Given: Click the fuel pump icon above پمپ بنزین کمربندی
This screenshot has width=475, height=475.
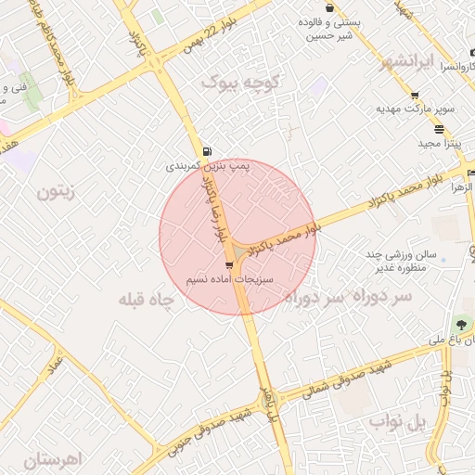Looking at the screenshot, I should click(205, 151).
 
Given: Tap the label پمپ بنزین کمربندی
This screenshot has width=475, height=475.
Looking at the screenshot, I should click(209, 166).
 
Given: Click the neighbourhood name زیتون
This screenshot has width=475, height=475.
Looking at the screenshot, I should click(55, 192).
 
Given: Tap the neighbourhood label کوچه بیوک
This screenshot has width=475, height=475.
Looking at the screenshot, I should click(240, 83).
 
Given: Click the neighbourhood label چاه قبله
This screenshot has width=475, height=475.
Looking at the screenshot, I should click(148, 300).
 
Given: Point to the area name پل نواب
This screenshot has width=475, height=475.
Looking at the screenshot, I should click(398, 421).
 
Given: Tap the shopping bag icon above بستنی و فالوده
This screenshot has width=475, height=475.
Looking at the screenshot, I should click(329, 8).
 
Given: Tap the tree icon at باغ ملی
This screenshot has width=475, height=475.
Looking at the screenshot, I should click(461, 324).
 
